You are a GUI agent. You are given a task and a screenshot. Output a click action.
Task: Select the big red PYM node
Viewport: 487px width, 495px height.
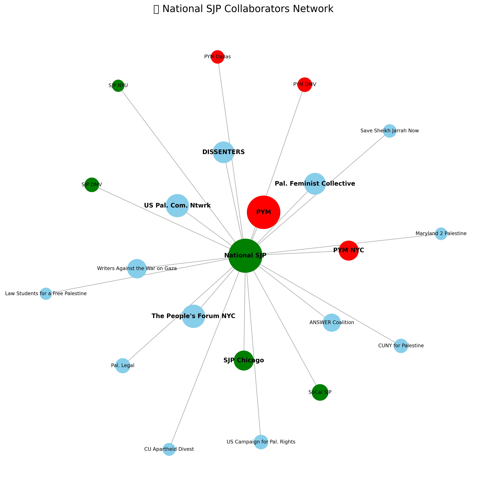(x=263, y=212)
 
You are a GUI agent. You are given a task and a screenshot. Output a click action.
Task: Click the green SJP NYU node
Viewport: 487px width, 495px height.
(x=118, y=86)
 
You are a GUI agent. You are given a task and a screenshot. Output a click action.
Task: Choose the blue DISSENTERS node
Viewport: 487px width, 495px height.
(x=224, y=152)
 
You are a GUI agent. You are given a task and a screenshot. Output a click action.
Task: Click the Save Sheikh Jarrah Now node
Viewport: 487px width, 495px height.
(x=390, y=131)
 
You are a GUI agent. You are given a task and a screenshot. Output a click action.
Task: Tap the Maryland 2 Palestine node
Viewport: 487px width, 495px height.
(x=441, y=234)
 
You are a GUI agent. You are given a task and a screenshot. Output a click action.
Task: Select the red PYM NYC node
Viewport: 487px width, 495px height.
(x=349, y=251)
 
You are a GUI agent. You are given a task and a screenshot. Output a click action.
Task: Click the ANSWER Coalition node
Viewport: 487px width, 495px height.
(x=332, y=323)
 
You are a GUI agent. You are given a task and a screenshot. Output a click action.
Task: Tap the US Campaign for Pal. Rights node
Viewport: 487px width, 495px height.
(x=261, y=442)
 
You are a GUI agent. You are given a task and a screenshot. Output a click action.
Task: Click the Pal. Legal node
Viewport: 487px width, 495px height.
(x=123, y=366)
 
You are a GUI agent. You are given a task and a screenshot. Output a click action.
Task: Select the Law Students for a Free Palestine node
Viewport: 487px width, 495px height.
(x=46, y=294)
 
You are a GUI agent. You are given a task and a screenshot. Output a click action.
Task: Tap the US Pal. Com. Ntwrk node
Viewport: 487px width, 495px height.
(x=177, y=206)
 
